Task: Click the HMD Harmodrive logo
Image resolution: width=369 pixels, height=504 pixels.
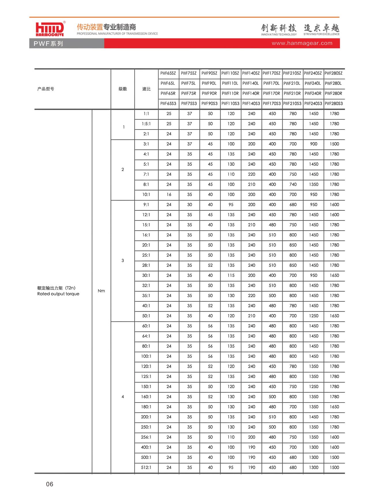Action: tap(50, 29)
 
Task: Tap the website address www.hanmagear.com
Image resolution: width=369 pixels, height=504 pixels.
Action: tap(302, 43)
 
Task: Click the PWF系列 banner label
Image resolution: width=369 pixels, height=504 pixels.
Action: tap(48, 44)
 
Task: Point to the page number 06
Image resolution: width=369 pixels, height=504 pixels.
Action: tap(50, 484)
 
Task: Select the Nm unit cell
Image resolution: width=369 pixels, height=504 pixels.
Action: tap(101, 291)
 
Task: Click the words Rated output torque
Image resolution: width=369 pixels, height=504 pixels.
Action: tap(58, 294)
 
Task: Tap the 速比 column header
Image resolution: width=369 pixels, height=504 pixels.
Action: tap(146, 89)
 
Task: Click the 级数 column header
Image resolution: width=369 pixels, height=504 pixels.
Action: tap(123, 89)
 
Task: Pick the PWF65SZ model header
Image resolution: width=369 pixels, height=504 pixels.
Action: tap(168, 73)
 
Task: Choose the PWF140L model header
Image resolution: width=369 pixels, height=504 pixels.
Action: tap(251, 83)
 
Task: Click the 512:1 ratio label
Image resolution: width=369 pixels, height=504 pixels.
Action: tap(146, 467)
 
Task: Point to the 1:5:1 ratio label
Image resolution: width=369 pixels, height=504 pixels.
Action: tap(146, 124)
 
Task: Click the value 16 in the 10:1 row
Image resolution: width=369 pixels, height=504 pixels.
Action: tap(169, 195)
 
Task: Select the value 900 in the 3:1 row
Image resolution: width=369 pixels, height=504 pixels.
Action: tap(314, 144)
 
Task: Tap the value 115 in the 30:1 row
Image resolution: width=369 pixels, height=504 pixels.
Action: tap(231, 275)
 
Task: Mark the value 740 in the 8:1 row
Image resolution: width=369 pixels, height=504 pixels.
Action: tap(293, 184)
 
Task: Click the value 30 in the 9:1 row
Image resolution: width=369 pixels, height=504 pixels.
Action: tap(189, 205)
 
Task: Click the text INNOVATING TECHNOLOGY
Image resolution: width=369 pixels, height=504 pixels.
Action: tap(279, 34)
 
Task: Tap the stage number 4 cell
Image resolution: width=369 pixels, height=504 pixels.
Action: tap(123, 397)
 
